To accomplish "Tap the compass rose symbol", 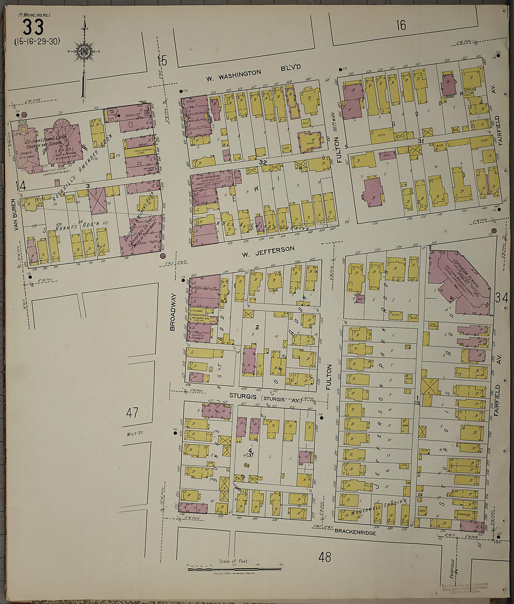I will (84, 51).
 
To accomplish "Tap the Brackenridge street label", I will (355, 532).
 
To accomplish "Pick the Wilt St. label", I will (134, 434).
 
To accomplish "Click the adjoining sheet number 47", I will (132, 412).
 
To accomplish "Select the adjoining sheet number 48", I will (325, 557).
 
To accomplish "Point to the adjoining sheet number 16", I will (401, 25).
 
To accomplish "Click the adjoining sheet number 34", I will (502, 297).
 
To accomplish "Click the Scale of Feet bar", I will (234, 569).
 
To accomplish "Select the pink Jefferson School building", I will (458, 280).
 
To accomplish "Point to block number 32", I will (263, 162).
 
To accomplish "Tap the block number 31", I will (420, 141).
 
